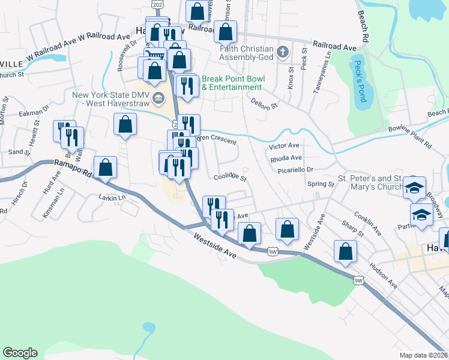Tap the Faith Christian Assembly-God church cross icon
(283, 53)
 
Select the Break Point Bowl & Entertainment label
(232, 83)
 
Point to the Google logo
(20, 353)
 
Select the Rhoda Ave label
(286, 158)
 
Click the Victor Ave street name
(284, 146)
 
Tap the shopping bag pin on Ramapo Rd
(105, 169)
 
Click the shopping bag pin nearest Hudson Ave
(345, 251)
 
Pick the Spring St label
(321, 185)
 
